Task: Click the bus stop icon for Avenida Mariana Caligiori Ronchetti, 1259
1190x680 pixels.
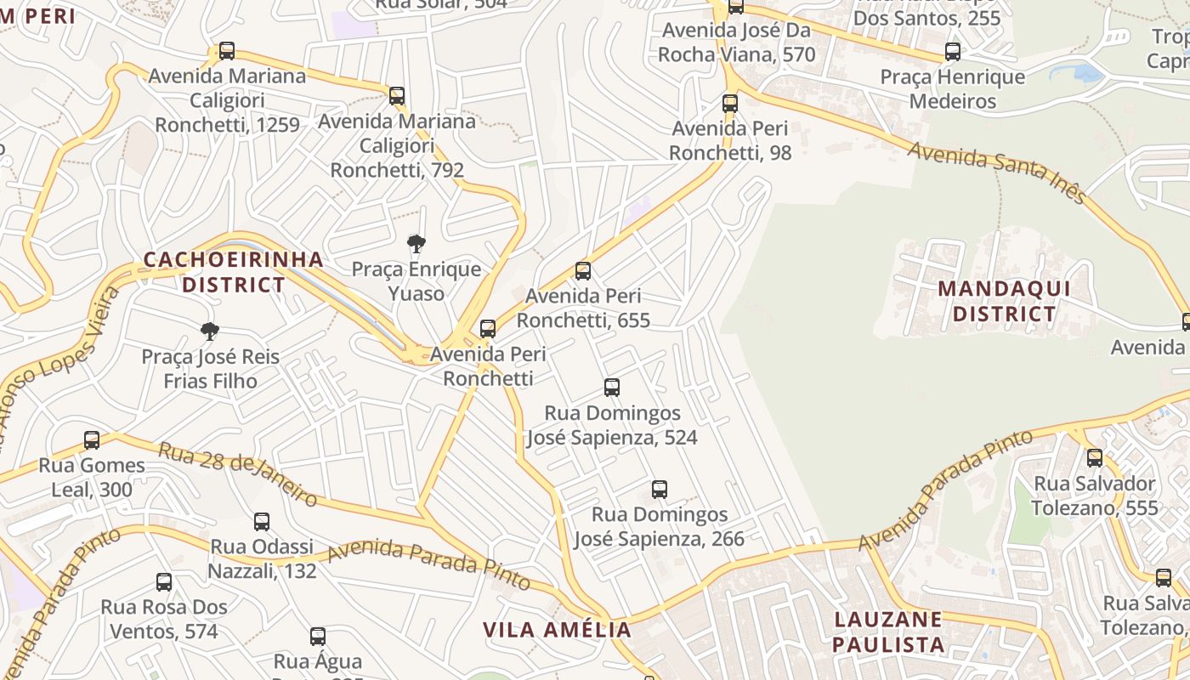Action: [227, 51]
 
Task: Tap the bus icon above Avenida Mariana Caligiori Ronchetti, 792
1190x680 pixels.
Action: [397, 96]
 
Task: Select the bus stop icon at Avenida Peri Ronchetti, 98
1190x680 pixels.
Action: [730, 104]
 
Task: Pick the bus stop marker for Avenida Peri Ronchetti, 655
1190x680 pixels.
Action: [583, 271]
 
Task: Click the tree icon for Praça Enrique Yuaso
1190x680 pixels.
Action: [416, 245]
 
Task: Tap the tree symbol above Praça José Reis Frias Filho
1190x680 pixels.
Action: [210, 331]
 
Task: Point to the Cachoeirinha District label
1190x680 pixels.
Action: [234, 272]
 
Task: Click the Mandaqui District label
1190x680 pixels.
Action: [1004, 302]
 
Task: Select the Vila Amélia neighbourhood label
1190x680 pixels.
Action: [558, 630]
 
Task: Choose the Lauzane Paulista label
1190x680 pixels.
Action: [888, 632]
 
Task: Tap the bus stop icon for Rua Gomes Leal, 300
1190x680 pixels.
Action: [92, 440]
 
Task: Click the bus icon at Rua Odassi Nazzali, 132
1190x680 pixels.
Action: [262, 522]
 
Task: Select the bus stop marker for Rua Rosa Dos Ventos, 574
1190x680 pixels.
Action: [164, 582]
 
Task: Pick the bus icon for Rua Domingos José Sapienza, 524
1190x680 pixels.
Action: [612, 388]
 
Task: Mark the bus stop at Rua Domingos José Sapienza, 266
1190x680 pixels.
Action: [660, 490]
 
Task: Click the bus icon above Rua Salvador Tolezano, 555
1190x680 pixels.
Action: [1095, 458]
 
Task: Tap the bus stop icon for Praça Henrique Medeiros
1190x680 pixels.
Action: [953, 52]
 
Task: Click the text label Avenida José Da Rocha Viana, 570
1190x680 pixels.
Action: [737, 42]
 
